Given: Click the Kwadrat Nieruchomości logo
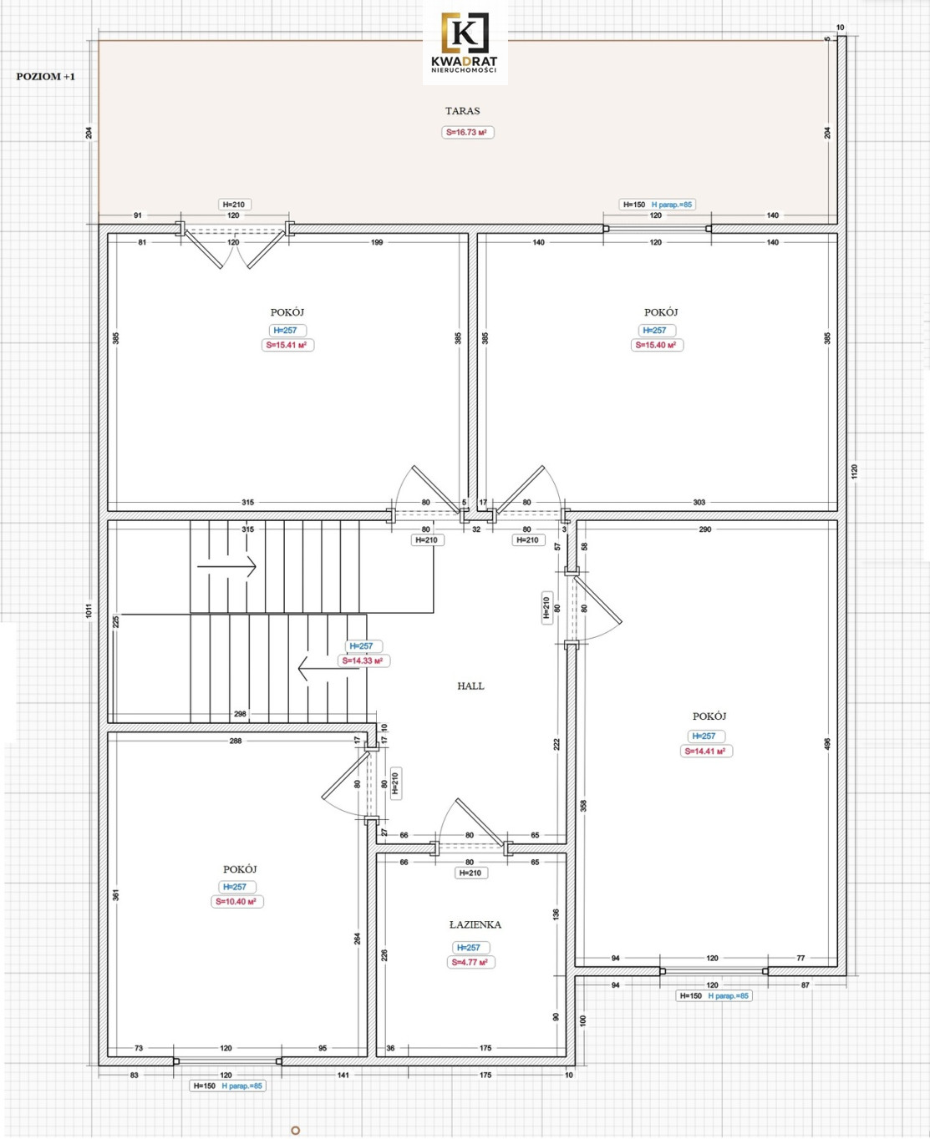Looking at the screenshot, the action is point(465,43).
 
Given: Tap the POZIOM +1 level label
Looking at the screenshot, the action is point(46,77).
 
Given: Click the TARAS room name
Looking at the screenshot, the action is point(463,111).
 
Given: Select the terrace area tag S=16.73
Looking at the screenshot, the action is point(467,132).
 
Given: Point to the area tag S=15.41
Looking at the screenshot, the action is point(287,345).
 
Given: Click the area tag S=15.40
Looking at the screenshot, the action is point(657,345).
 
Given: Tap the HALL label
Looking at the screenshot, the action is point(470,686).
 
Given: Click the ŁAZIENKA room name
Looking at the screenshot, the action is point(475,924).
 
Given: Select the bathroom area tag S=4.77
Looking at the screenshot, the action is point(470,962).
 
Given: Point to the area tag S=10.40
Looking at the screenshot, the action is point(236,901).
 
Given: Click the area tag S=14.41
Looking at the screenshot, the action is point(706,751).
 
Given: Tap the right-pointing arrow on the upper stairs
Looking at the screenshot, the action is point(226,566).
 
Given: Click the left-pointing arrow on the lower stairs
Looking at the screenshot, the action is point(328,669).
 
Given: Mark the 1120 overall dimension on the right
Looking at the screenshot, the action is point(854,471).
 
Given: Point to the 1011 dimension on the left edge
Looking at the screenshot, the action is point(89,610).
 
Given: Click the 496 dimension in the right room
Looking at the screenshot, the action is point(826,744).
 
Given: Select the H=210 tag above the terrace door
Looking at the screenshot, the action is point(234,205).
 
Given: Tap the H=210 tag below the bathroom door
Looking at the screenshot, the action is point(470,873).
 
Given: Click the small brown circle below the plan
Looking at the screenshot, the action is point(295,1126).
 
